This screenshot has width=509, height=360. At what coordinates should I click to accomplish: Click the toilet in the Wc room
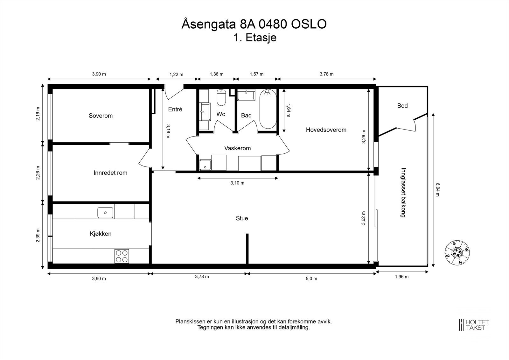tap(221, 98)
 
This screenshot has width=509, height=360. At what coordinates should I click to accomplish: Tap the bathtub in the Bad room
tap(268, 109)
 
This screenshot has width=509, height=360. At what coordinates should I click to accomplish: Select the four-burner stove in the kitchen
tap(122, 256)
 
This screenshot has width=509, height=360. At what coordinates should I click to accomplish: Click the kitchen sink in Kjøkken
tap(105, 213)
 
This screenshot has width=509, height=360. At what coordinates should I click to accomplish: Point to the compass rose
tap(457, 253)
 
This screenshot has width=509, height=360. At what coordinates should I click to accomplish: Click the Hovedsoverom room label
tap(326, 130)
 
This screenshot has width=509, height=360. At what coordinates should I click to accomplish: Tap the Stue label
tap(242, 218)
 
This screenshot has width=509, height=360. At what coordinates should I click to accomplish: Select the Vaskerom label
tap(237, 148)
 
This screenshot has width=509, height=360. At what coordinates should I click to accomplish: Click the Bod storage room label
tap(402, 106)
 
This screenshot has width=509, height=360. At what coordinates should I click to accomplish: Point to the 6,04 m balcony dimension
tap(437, 190)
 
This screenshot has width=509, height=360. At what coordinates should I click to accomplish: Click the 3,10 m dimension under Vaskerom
tap(237, 183)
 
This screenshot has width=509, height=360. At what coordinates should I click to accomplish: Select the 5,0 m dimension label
tap(311, 279)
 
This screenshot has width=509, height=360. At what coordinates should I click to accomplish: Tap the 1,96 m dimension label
tap(402, 277)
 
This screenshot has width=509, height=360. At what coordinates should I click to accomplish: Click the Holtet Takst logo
tap(474, 325)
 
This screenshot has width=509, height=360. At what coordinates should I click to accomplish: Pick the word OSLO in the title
tap(309, 24)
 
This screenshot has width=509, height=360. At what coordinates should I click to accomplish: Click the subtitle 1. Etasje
tap(255, 38)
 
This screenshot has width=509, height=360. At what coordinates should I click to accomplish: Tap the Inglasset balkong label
tap(403, 193)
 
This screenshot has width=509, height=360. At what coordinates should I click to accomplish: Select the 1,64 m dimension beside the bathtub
tap(288, 110)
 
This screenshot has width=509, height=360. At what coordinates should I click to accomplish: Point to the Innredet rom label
tap(110, 173)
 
